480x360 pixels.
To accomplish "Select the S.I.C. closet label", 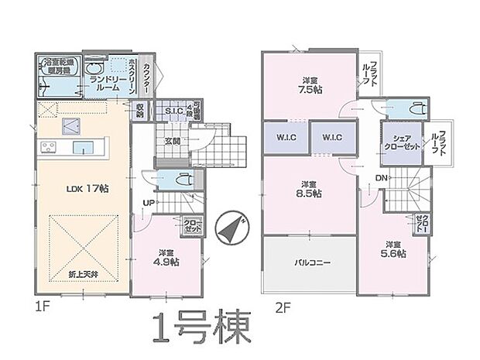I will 173,111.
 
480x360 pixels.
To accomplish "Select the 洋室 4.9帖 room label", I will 165,257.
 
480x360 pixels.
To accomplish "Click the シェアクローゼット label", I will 399,142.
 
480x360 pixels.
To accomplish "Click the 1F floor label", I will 43,307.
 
